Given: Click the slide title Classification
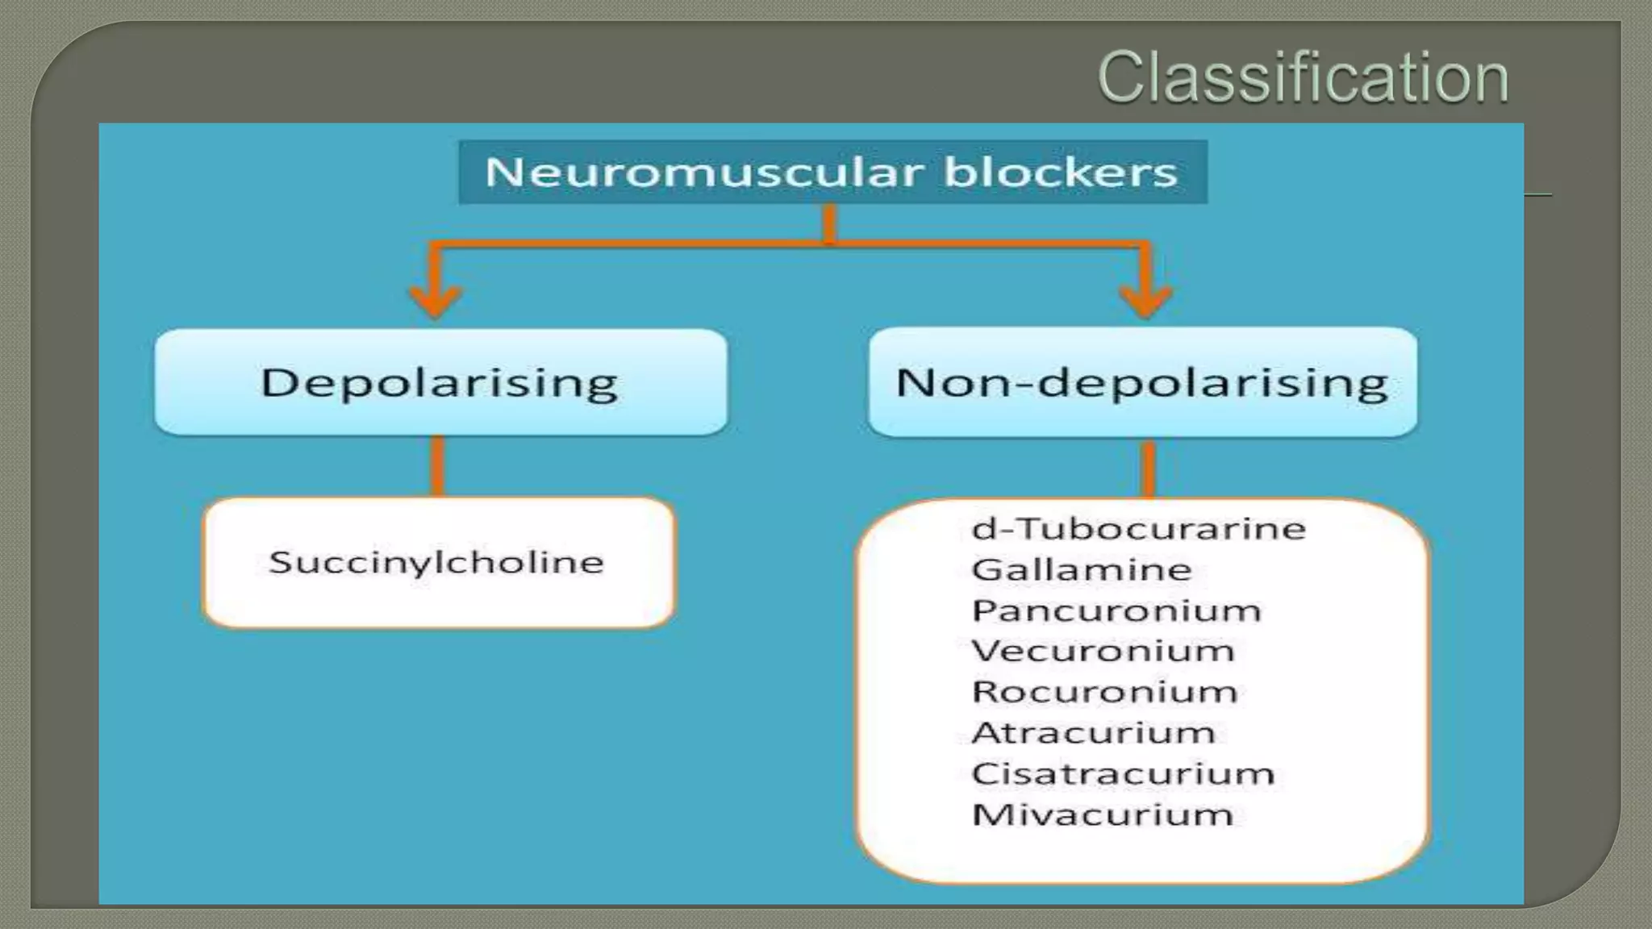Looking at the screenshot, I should [x=1302, y=77].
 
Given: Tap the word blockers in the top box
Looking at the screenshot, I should [x=1060, y=173].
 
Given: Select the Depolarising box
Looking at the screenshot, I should [x=440, y=382].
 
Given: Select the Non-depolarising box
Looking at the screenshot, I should [x=1142, y=382].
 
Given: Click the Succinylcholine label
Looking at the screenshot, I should [x=436, y=562].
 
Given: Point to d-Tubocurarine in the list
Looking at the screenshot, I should [x=1138, y=529].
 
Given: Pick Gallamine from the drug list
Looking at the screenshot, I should [x=1082, y=570].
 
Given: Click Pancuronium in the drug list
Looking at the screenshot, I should [x=1116, y=610].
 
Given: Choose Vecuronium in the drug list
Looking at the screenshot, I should [x=1103, y=651].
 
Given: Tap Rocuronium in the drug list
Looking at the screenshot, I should [x=1104, y=692].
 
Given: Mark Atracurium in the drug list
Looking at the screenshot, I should [x=1093, y=733].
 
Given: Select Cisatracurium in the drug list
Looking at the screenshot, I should [x=1123, y=774].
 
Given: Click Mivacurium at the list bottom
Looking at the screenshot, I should [x=1103, y=815].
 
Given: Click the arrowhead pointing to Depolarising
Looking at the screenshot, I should [x=436, y=301].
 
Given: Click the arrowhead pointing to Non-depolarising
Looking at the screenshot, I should [x=1145, y=301].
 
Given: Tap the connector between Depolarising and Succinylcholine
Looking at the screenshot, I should [x=437, y=466].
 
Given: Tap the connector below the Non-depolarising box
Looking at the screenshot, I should [x=1149, y=468].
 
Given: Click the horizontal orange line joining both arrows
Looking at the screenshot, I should [x=645, y=243].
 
